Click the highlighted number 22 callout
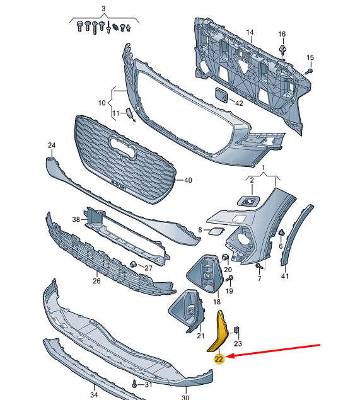click(219, 359)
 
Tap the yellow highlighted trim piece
click(219, 329)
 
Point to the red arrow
click(277, 351)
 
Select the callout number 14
click(249, 32)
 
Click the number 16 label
click(282, 34)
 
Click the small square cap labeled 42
click(221, 95)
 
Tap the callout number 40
click(187, 180)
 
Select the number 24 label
click(52, 146)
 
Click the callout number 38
click(76, 220)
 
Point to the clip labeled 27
click(134, 263)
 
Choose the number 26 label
click(96, 281)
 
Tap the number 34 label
click(94, 395)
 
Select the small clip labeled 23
click(237, 330)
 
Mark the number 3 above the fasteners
click(104, 9)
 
